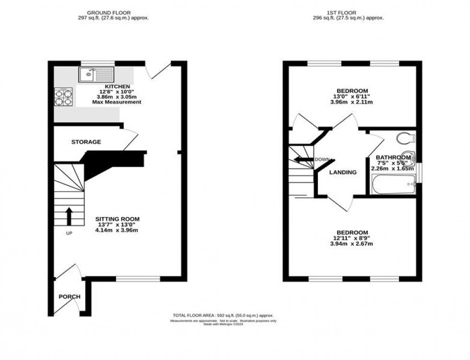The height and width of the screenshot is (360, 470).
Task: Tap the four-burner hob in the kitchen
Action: pos(63,97)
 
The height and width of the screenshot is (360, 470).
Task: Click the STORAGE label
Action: pos(86,142)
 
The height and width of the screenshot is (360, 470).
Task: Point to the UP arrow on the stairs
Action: pos(69,216)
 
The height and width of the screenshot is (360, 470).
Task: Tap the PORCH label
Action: pos(70,297)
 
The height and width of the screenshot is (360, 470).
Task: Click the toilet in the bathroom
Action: pos(406,138)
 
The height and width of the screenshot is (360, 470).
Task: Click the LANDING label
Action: pos(343,173)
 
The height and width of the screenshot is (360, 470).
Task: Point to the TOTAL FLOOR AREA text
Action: pos(223,315)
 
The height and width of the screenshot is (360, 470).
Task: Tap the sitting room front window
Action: pos(138,279)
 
